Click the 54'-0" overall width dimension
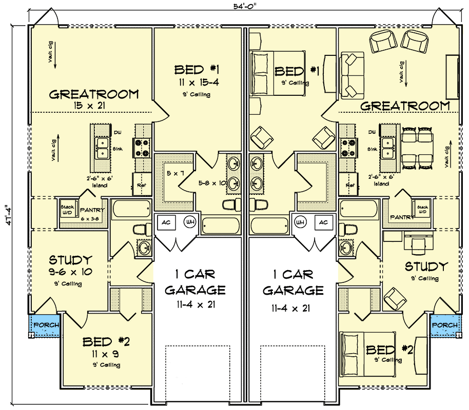[x=243, y=6]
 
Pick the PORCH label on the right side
[x=444, y=325]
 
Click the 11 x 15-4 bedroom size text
[x=197, y=83]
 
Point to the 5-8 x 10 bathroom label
[x=212, y=182]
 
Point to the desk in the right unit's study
[x=415, y=238]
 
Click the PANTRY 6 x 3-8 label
[x=92, y=213]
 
